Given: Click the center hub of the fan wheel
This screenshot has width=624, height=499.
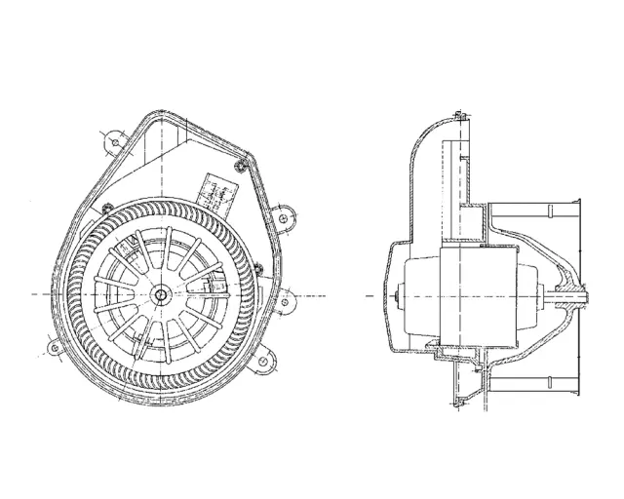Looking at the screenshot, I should click(160, 292).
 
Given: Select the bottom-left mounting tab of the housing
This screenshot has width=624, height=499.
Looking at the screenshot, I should click(54, 346).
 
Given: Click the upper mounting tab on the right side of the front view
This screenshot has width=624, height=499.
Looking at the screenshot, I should click(283, 217).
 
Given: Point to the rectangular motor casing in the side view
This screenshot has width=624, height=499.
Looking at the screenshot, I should click(478, 291).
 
